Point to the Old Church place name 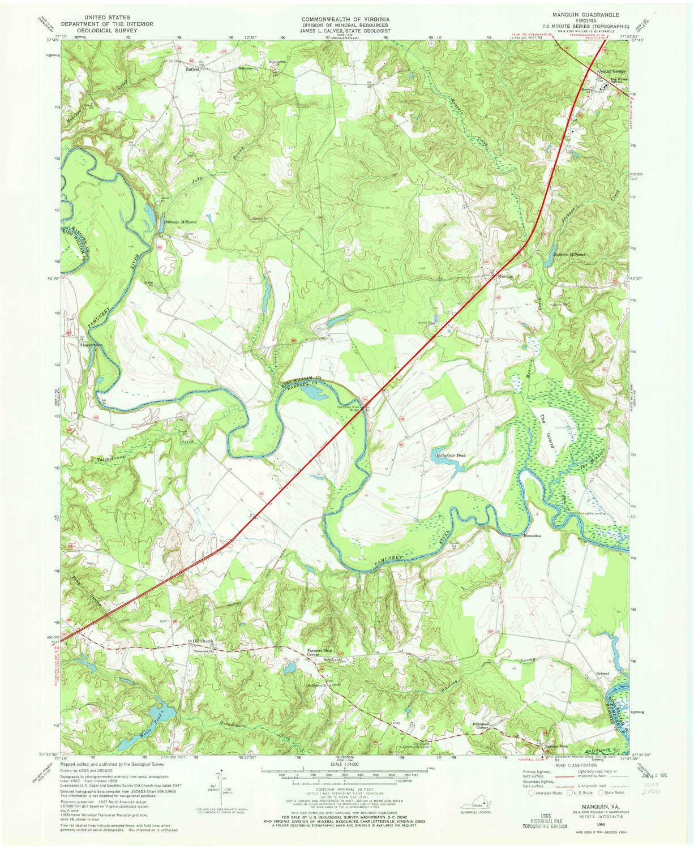coord(201,641)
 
